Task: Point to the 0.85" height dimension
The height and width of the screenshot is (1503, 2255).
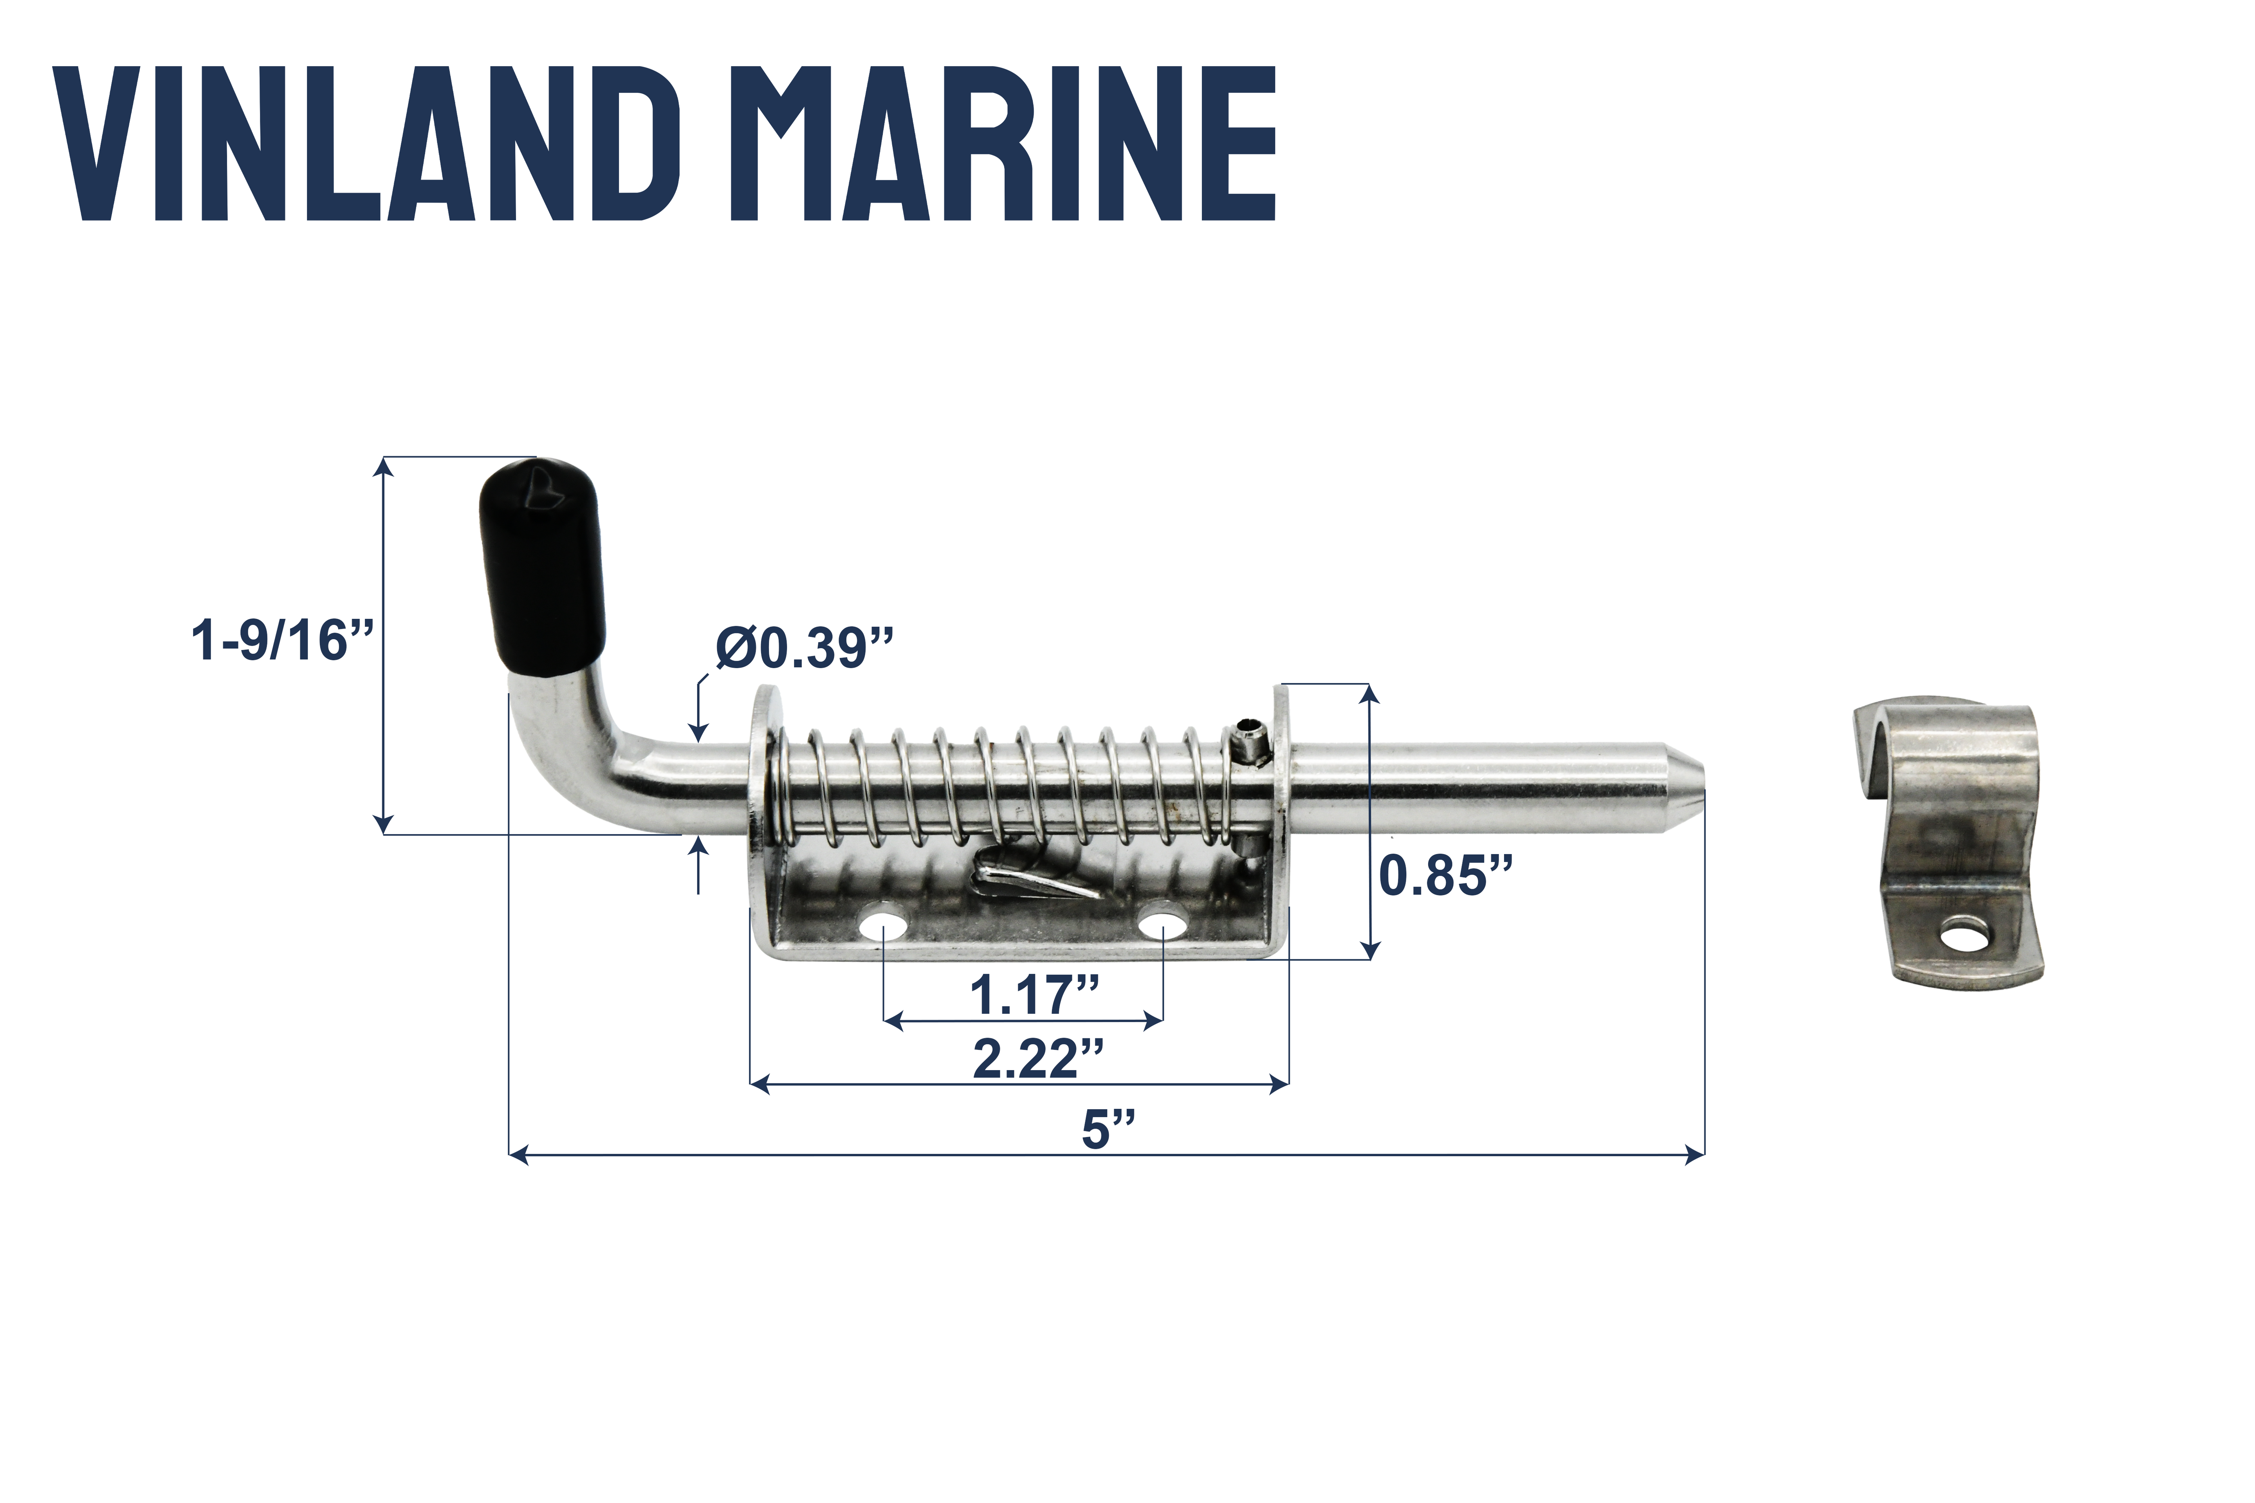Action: point(1445,875)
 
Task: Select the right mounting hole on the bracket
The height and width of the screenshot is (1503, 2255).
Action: point(1162,927)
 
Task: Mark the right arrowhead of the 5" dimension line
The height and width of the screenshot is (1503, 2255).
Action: point(1695,1155)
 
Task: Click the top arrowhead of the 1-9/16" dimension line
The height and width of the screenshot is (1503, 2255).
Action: point(384,467)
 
